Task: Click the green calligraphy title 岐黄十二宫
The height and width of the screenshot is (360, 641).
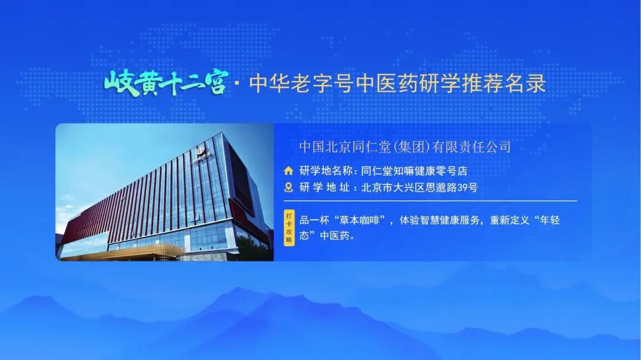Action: point(166,82)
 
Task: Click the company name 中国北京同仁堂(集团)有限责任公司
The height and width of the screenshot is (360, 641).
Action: point(405,146)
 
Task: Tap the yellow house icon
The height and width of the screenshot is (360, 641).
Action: point(289,171)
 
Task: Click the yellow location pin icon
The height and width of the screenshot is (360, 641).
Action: point(289,187)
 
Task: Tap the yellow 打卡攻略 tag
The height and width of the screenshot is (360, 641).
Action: point(289,227)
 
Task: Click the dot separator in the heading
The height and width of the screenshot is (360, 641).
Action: point(237,84)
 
